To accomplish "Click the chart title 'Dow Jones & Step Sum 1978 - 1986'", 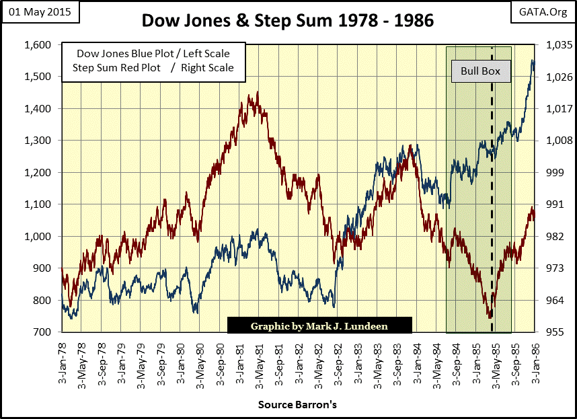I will click(x=288, y=21).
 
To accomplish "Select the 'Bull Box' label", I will click(x=475, y=71).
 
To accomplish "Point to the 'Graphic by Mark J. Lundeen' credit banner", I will click(x=319, y=326).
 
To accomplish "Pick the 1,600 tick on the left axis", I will click(x=39, y=45).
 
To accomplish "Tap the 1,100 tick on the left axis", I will click(x=39, y=204).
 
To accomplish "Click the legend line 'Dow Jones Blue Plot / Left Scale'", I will click(x=153, y=54).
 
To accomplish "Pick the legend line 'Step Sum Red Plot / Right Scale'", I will click(x=153, y=67).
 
